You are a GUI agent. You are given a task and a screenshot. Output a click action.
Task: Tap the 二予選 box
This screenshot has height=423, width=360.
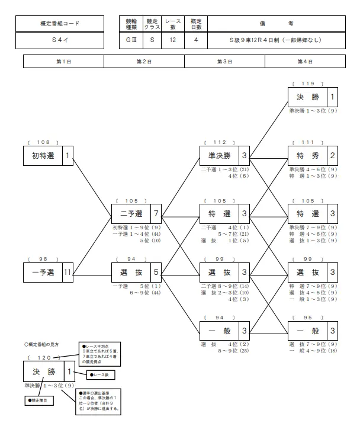tap(131, 213)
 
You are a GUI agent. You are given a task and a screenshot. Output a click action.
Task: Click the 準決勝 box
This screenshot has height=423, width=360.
tap(220, 156)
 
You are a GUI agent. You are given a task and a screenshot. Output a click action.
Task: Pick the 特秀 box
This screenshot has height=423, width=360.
tap(307, 156)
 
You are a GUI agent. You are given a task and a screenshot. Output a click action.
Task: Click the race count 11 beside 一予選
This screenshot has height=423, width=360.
tap(67, 273)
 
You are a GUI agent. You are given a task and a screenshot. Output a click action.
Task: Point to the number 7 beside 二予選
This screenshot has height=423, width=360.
tap(156, 213)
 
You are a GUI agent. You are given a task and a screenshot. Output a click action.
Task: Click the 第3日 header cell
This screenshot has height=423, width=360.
tap(225, 62)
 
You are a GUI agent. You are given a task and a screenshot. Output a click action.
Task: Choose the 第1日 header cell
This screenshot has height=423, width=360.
tap(63, 62)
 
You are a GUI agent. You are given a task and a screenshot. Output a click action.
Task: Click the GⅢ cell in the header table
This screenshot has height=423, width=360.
tap(131, 40)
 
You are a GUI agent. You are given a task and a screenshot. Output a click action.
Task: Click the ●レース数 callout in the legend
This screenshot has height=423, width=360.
tap(100, 374)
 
